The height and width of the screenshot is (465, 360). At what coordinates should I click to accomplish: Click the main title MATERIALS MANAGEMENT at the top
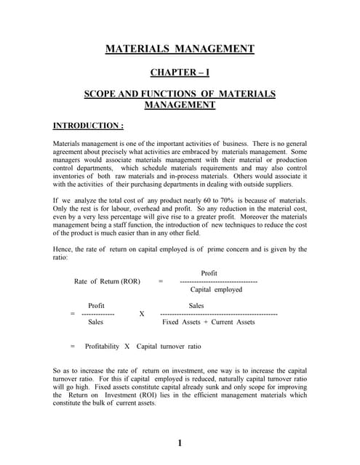pos(180,49)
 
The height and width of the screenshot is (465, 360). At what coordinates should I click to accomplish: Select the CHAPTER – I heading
pos(180,73)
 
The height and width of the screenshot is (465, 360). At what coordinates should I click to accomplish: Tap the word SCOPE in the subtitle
pos(101,94)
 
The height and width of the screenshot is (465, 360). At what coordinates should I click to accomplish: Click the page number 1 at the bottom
pos(180,443)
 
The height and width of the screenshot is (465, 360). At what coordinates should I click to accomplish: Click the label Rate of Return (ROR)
pos(107,281)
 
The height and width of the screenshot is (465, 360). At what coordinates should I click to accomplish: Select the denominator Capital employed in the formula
pos(216,289)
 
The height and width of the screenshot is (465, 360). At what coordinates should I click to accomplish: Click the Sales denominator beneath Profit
pos(95,321)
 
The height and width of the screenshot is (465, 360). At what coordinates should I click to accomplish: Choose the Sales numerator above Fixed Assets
pos(197,306)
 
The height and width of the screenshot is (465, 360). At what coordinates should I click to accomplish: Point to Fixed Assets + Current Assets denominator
pos(209,321)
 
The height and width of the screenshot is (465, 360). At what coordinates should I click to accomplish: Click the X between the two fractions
pos(142,314)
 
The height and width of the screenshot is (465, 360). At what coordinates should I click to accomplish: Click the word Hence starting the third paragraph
pos(63,249)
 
